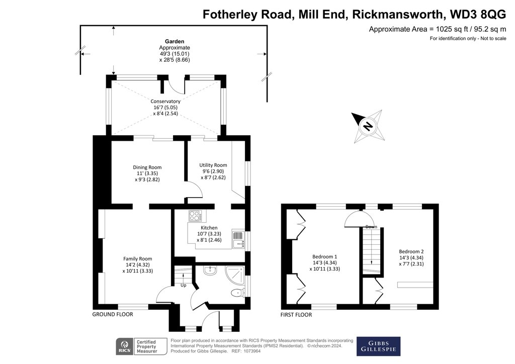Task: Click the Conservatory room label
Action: click(x=165, y=101)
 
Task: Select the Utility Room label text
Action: click(x=213, y=165)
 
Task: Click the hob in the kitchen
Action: click(x=195, y=216)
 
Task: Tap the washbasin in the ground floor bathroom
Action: click(x=210, y=270)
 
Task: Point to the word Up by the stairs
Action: click(x=184, y=285)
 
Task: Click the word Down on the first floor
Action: click(x=372, y=226)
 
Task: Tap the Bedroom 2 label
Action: click(x=411, y=251)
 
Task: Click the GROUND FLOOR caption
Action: click(x=112, y=314)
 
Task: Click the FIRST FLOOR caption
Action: click(x=296, y=315)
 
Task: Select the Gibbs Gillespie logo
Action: click(x=378, y=346)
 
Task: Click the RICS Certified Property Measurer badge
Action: click(x=137, y=346)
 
